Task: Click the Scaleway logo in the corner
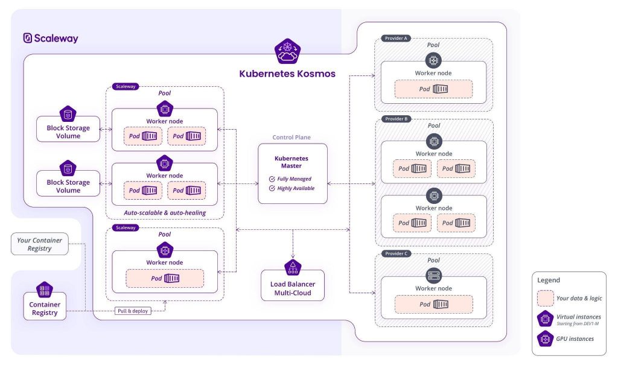point(51,38)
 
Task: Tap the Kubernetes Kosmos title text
point(287,74)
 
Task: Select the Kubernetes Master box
point(293,173)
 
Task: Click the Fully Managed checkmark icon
point(272,179)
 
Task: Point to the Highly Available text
point(296,188)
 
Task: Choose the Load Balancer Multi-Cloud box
point(293,285)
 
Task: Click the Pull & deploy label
point(133,311)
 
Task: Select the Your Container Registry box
point(39,244)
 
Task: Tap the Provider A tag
point(396,38)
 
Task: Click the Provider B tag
point(396,119)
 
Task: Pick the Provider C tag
point(396,253)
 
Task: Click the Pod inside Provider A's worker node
point(433,89)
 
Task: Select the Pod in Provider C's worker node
point(433,304)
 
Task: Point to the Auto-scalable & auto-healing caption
point(165,213)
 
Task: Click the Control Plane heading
point(291,137)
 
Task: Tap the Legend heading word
point(548,281)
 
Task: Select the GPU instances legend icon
point(545,339)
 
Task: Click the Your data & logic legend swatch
point(545,299)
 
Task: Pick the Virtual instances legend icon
point(545,319)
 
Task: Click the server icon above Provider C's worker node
point(434,276)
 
